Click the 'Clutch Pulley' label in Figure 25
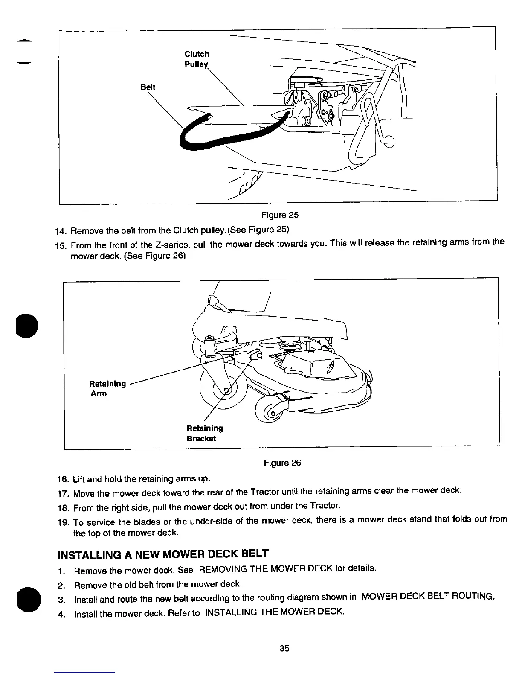tap(197, 59)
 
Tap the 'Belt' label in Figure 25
tap(148, 87)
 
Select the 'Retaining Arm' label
tap(107, 388)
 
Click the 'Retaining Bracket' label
tap(205, 433)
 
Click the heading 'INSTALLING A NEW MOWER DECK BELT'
tap(163, 554)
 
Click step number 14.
tap(61, 231)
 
